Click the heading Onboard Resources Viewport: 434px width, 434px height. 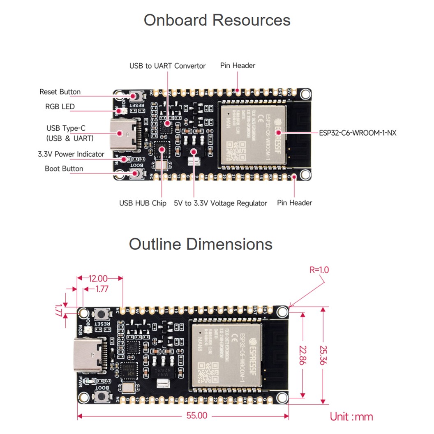pos(217,20)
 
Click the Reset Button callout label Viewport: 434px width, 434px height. pos(60,92)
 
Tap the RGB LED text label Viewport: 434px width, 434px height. pos(60,107)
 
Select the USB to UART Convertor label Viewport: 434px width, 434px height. pos(167,66)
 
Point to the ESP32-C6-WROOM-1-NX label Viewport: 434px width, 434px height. pos(358,133)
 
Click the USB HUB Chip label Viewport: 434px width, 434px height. pos(143,203)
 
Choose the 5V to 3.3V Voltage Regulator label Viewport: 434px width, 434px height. pos(220,203)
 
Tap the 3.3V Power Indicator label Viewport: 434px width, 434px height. pos(71,155)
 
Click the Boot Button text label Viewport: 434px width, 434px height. pos(64,169)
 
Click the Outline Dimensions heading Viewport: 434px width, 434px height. pos(201,244)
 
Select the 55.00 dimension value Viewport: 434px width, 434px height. pos(197,416)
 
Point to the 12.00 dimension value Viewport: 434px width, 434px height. pos(98,278)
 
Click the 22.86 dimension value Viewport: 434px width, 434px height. pos(303,354)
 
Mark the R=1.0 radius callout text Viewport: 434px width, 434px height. pos(319,270)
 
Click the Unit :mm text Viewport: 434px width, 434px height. pos(351,416)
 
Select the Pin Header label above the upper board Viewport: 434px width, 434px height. pos(238,66)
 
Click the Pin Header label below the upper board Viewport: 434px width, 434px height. pos(294,203)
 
